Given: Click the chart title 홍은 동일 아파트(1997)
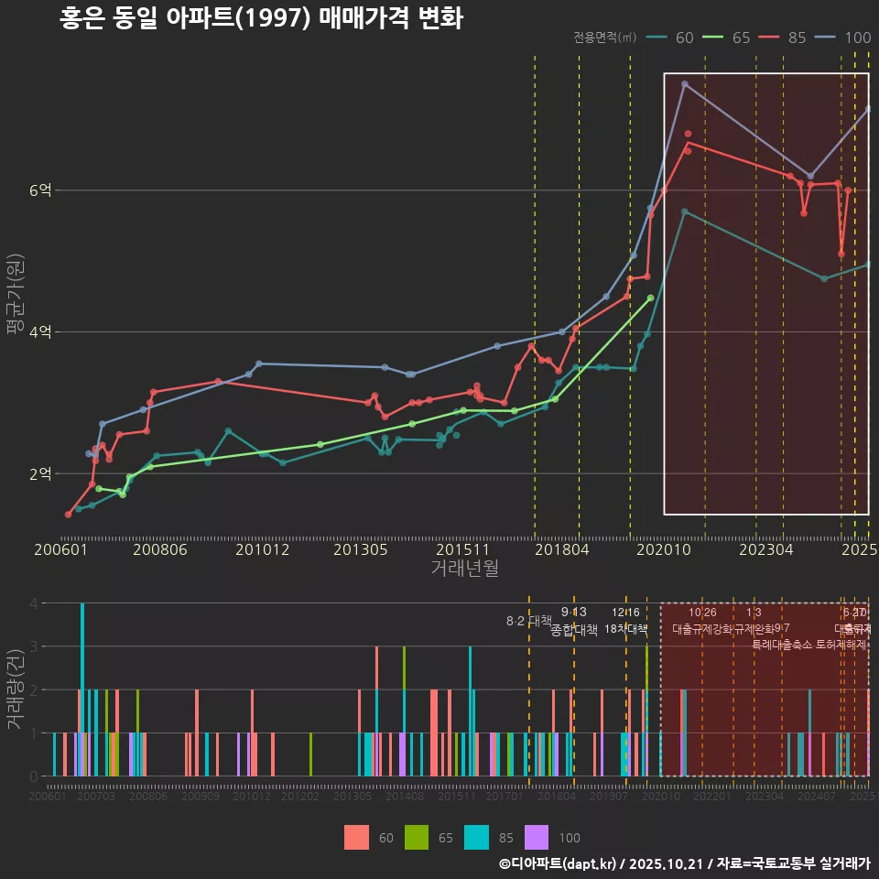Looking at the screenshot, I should (x=261, y=18).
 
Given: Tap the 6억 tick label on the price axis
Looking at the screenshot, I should (x=40, y=190).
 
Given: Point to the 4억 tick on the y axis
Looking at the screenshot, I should (x=40, y=332).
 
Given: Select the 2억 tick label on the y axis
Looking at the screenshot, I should (x=40, y=474).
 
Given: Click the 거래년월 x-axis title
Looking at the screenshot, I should (x=464, y=569).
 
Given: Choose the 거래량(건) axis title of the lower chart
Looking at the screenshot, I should (x=16, y=689).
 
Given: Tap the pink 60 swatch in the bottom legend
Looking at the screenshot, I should (x=356, y=837).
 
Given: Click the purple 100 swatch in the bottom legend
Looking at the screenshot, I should (x=537, y=837).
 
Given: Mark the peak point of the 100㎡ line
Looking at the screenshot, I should (x=684, y=84).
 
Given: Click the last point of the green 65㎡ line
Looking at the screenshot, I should (x=650, y=298).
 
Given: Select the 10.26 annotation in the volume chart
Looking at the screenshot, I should (x=702, y=613).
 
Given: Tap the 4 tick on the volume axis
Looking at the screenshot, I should (x=33, y=603).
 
